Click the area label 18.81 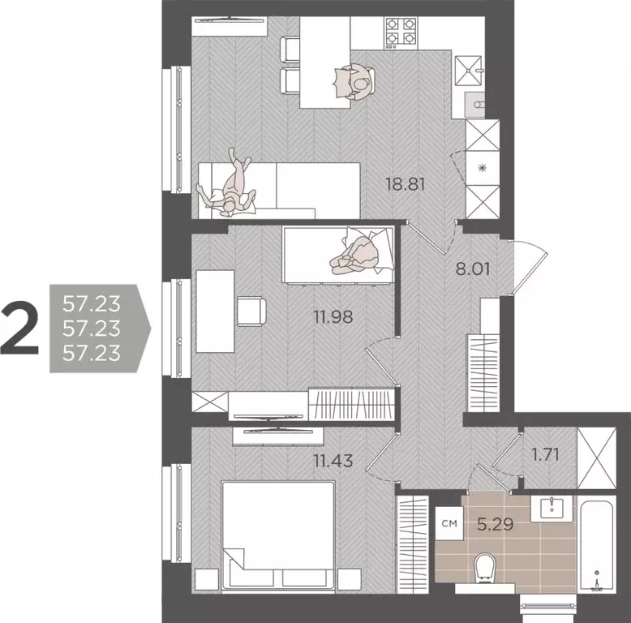pyautogui.click(x=406, y=184)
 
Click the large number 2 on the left pyautogui.click(x=20, y=328)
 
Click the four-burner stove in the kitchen pyautogui.click(x=400, y=30)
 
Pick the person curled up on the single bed pyautogui.click(x=358, y=251)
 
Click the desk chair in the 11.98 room pyautogui.click(x=251, y=311)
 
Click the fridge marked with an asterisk pyautogui.click(x=483, y=168)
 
